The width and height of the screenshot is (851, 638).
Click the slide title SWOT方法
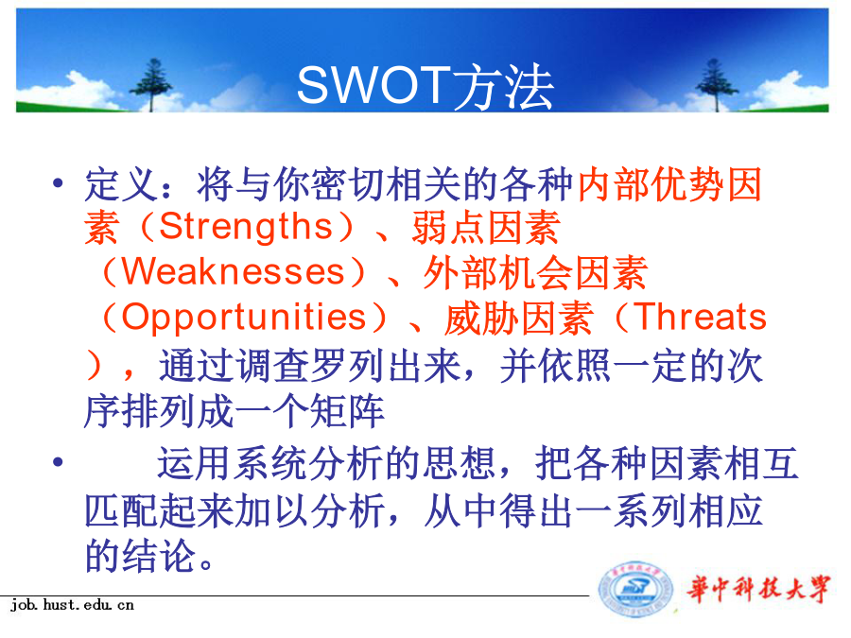tap(425, 86)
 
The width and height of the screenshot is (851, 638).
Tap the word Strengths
tap(246, 226)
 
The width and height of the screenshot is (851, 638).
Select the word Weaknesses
tap(234, 270)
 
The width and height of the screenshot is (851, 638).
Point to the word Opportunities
tap(244, 317)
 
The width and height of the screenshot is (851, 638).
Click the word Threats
tap(700, 317)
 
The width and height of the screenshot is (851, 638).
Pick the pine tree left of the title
tap(151, 85)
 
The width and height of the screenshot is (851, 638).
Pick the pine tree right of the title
tap(716, 85)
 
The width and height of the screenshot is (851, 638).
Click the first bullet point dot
tap(58, 182)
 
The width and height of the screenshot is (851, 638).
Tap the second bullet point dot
tap(58, 462)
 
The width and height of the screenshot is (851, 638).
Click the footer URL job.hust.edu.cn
tap(72, 604)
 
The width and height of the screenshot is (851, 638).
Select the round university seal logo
tap(635, 590)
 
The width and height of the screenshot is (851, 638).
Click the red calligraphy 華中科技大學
tap(758, 589)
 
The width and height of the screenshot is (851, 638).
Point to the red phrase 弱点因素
tap(486, 227)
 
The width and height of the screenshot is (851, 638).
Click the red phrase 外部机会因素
tap(535, 272)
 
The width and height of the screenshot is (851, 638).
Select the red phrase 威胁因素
tap(519, 318)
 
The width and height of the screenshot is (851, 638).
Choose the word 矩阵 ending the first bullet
tap(347, 411)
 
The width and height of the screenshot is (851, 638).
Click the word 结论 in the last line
tap(159, 556)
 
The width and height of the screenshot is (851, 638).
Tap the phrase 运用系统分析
tap(269, 463)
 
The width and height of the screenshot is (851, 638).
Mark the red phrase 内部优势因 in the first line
tap(669, 184)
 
